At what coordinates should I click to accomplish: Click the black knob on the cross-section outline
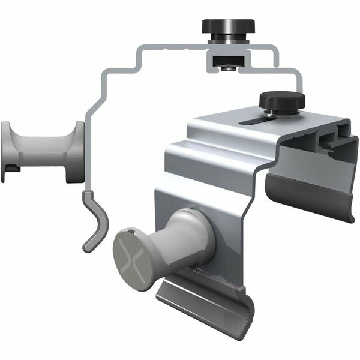click(x=228, y=26)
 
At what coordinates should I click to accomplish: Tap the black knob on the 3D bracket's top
click(x=281, y=99)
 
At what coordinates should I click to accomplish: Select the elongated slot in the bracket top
click(x=255, y=122)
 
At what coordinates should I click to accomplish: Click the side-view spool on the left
click(x=42, y=151)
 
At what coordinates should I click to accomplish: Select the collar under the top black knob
click(x=228, y=40)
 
